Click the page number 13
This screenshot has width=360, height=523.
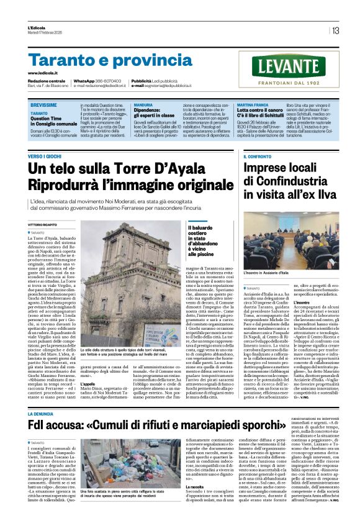pos(335,30)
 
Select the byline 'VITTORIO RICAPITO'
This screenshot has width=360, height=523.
pos(43,224)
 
